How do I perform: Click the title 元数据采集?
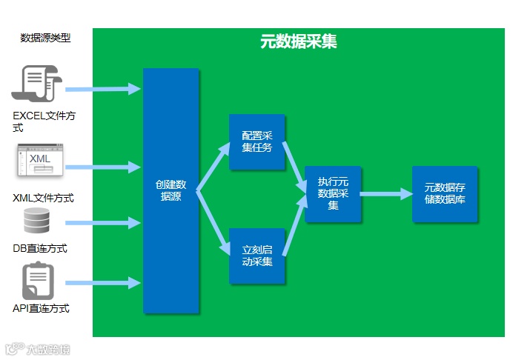298,42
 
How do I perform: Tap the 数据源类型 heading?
45,38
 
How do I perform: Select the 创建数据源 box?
170,190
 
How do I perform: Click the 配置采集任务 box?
256,141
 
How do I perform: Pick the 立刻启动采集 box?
256,256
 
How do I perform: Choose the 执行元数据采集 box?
333,193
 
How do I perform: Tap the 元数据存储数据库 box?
445,193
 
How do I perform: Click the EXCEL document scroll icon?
38,84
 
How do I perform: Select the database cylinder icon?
36,221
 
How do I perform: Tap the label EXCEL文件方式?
44,122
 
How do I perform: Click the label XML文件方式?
44,198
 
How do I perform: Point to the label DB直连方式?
40,248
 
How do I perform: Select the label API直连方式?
42,308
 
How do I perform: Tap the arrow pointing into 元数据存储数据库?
386,194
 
